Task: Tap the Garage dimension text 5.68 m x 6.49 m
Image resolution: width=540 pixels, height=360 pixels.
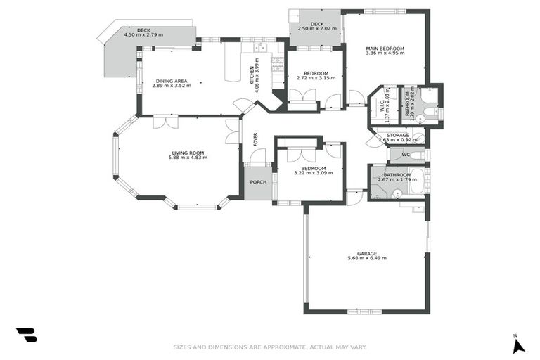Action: pos(367,258)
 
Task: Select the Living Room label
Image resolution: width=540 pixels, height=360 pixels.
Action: pos(188,153)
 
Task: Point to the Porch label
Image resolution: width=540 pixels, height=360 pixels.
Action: pos(258,184)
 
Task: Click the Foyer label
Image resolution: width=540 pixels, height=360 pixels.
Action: pos(255,139)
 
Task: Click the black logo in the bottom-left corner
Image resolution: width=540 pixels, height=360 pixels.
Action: pos(26,335)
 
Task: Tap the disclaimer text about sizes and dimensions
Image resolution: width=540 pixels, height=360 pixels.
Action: pos(270,347)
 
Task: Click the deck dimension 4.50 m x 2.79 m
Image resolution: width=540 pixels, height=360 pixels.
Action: pos(143,35)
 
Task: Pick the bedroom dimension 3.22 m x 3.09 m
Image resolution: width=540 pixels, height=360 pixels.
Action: pos(314,173)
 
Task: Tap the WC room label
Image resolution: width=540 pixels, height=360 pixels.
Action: pos(406,155)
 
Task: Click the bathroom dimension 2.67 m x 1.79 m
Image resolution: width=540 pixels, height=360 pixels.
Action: pos(397,179)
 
